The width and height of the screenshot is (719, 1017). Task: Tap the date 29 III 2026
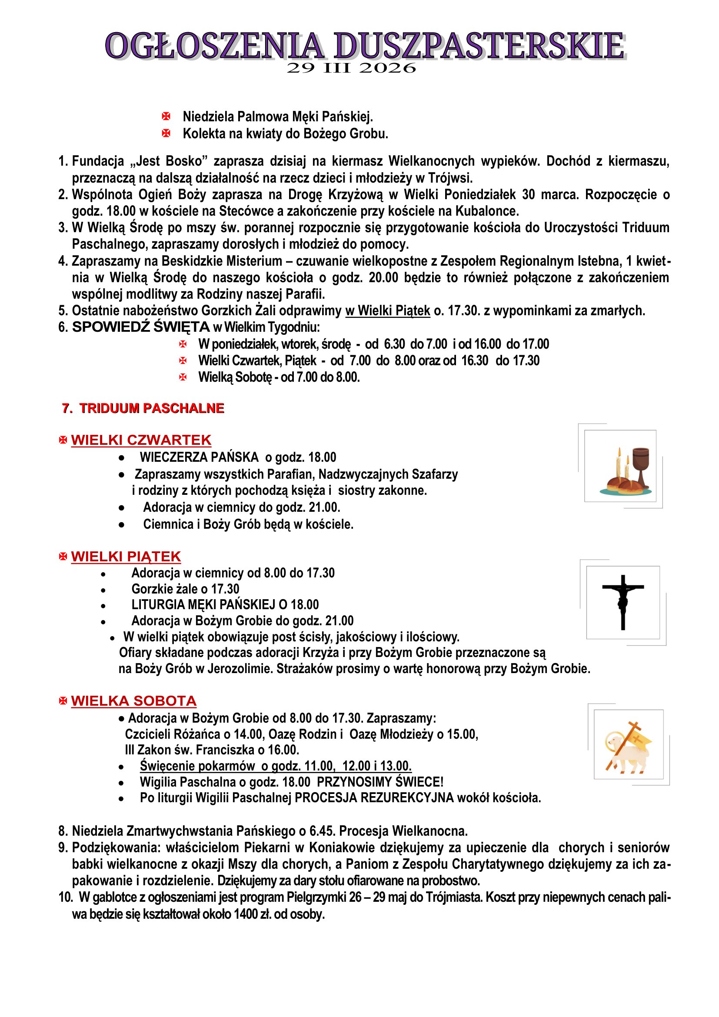(351, 68)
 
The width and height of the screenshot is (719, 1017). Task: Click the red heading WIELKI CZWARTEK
(141, 440)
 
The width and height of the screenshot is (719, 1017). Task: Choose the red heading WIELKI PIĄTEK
(126, 557)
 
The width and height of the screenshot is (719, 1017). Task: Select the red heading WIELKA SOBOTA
(133, 701)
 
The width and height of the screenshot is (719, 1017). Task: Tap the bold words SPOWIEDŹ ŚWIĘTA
(141, 327)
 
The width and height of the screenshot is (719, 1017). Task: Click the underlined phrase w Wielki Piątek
(387, 310)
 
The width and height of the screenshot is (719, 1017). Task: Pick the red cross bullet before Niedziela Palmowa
(166, 117)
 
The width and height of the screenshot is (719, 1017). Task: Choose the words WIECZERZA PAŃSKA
(199, 457)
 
